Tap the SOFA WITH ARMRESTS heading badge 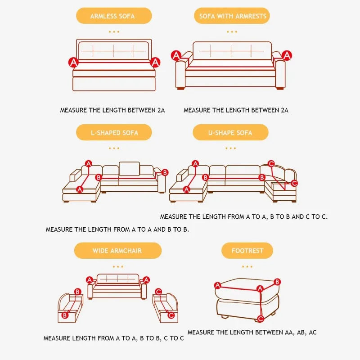click(233, 16)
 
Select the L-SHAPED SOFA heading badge click(113, 133)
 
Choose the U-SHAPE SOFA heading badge click(230, 133)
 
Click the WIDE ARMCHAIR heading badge click(117, 251)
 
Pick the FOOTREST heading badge click(247, 251)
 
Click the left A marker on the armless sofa click(73, 62)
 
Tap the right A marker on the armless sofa click(155, 62)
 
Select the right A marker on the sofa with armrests click(287, 55)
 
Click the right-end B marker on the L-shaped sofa click(165, 172)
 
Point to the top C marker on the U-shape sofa click(271, 164)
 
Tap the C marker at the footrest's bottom click(261, 319)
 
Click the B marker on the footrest click(277, 282)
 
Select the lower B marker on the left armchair click(65, 315)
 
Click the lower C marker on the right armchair click(171, 315)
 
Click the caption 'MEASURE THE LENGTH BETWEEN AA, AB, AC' click(252, 332)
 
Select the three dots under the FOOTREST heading click(247, 266)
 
